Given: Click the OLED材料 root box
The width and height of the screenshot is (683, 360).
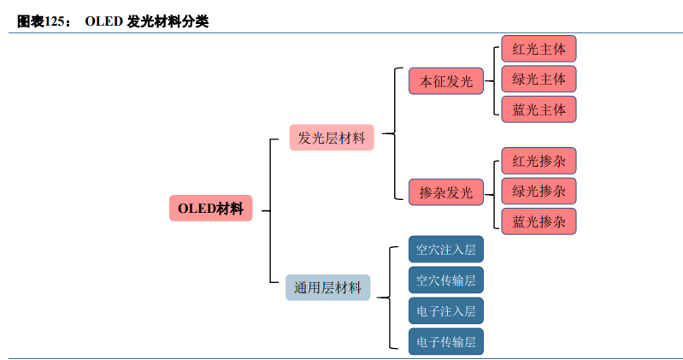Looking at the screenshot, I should tap(210, 208).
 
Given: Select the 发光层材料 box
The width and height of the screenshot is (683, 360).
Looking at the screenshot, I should tap(332, 138).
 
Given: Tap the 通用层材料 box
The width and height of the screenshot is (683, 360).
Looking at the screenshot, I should tap(327, 287).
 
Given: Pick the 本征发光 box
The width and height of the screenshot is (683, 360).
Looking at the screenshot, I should tap(445, 81).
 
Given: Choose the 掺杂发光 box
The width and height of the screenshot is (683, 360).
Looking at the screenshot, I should tap(445, 192).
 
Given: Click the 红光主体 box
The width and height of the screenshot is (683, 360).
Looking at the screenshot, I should tap(539, 48).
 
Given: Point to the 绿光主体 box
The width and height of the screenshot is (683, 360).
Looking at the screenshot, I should tap(539, 79).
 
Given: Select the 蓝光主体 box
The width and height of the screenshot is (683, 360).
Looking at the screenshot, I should tap(539, 109).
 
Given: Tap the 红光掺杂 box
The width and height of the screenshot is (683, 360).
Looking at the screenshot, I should tap(539, 161).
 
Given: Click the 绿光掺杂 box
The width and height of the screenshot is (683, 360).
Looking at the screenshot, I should tap(539, 191).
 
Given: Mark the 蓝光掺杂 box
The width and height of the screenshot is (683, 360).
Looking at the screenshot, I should tap(539, 221).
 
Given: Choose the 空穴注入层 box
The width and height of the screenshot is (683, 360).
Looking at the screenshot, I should tap(445, 250).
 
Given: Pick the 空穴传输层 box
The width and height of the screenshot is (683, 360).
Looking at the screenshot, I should tap(445, 280).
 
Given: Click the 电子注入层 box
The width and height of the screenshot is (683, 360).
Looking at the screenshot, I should tap(445, 310).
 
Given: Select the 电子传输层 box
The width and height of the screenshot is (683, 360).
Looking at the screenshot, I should tap(445, 342).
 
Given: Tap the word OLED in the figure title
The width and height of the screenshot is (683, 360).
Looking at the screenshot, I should tap(103, 21).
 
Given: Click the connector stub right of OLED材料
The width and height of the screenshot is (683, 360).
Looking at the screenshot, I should tap(265, 210).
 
